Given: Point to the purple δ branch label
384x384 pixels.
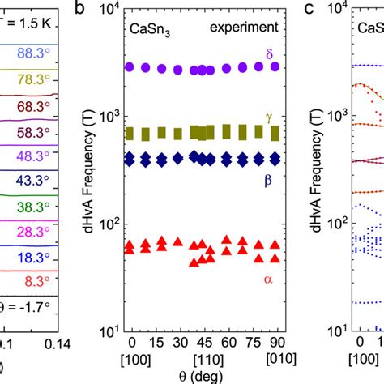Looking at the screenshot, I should (x=270, y=53).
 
